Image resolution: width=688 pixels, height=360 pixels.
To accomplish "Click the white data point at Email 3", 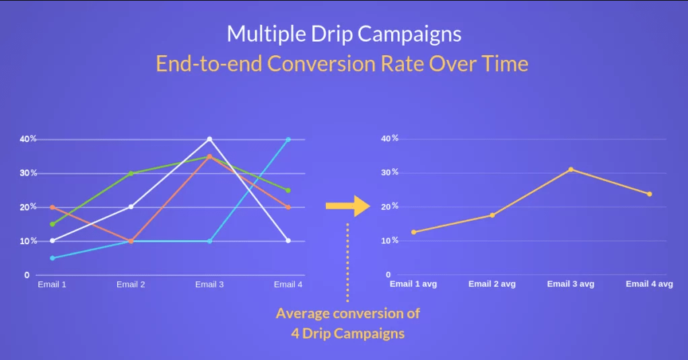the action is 209,139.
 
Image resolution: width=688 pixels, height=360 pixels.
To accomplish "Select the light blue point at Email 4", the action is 288,139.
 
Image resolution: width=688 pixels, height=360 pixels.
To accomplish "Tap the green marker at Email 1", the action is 53,224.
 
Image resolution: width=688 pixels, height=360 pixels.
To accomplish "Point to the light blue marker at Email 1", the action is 53,258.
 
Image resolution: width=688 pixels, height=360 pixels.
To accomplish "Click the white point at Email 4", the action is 288,240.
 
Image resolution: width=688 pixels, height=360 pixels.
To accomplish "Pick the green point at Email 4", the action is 288,190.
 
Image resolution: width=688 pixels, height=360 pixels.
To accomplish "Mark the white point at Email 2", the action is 131,207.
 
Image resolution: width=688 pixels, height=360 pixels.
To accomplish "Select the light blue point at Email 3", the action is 209,241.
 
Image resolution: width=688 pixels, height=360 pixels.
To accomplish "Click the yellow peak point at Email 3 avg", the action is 571,170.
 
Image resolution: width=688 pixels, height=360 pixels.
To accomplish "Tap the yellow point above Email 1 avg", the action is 414,232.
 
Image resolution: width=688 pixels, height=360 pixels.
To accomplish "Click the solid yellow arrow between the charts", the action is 348,206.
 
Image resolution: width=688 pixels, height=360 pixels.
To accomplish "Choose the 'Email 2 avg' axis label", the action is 492,284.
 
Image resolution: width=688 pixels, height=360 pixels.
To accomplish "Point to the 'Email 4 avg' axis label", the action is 650,284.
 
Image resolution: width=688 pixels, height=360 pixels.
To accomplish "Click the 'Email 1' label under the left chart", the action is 52,284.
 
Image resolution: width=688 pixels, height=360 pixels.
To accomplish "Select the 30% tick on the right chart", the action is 390,172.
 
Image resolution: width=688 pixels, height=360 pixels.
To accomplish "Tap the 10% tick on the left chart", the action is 28,241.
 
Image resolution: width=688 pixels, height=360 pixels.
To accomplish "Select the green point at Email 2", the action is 131,173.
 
